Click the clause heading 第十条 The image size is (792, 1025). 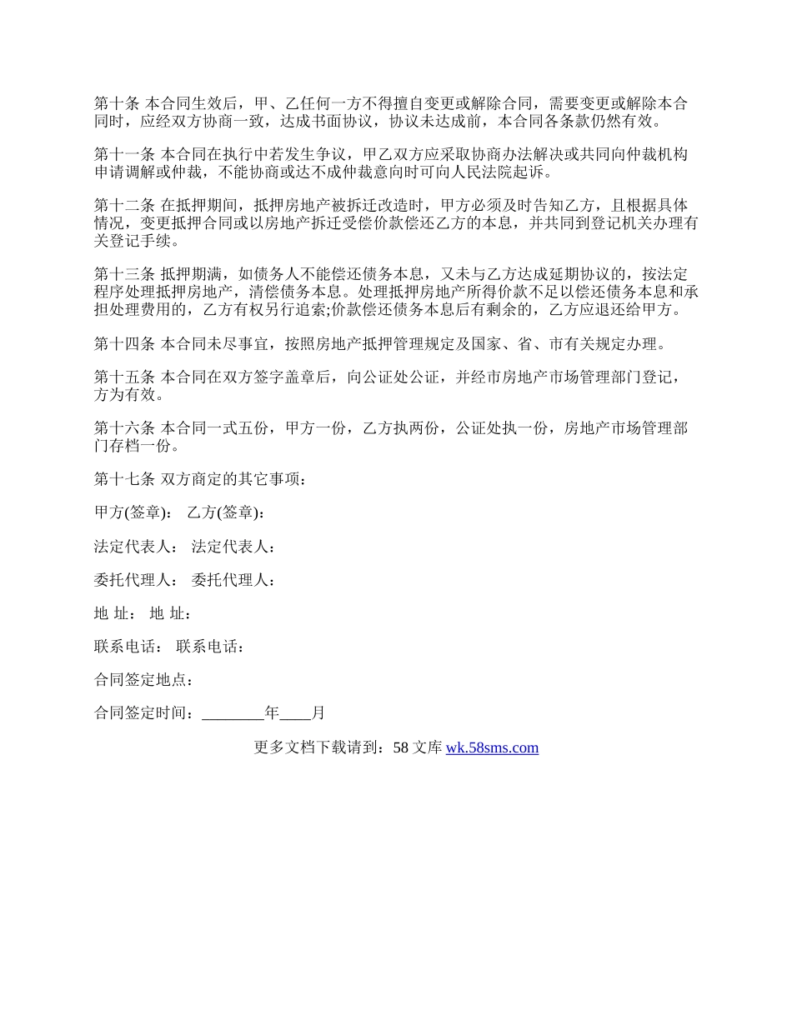click(x=117, y=104)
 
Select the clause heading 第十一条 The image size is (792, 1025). click(x=124, y=155)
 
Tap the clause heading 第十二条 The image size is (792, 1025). click(x=124, y=206)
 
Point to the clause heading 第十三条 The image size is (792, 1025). click(x=124, y=274)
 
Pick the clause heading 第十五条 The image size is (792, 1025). click(x=124, y=377)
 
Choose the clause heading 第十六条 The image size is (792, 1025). click(x=124, y=428)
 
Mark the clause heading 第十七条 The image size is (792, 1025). click(x=124, y=479)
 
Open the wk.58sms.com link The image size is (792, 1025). click(x=492, y=747)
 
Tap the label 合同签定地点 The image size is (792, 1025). click(x=144, y=679)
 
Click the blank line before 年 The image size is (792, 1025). click(x=233, y=713)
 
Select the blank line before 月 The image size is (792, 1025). click(x=295, y=713)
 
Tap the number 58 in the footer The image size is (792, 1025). click(x=400, y=747)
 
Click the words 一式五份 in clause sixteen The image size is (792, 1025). click(x=243, y=428)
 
